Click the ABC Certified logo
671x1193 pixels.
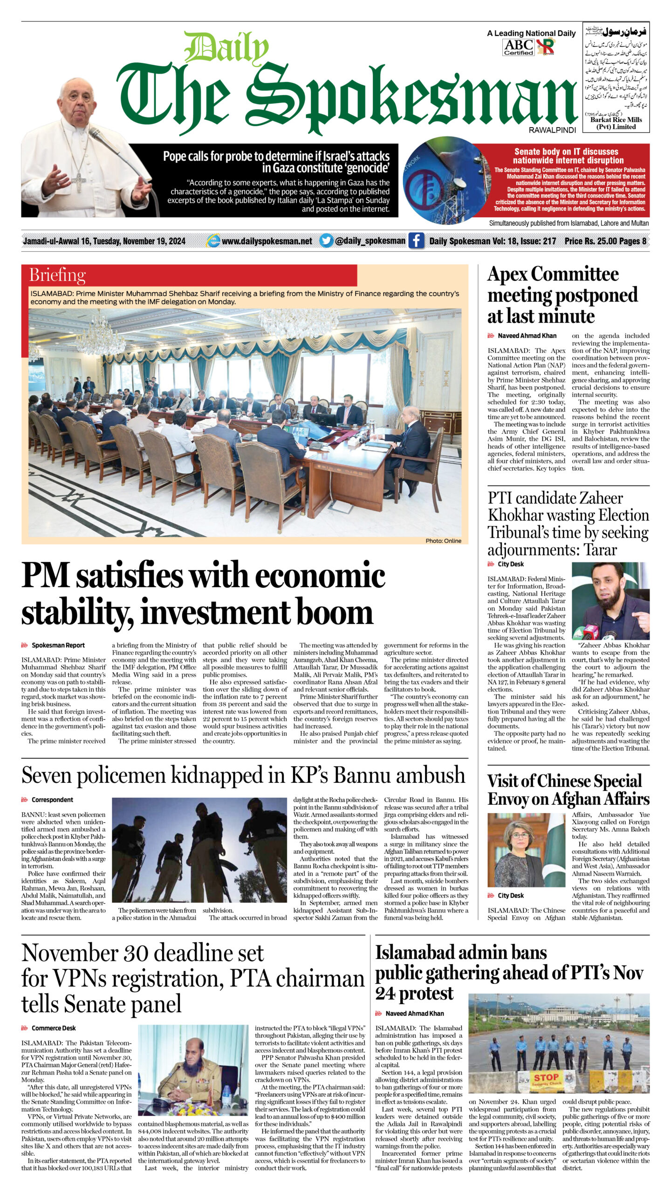pos(518,47)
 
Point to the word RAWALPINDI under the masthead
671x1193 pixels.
pos(552,130)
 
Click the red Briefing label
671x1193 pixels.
pos(58,275)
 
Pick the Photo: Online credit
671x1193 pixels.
pos(443,541)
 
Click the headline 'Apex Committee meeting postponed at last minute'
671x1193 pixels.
pos(561,295)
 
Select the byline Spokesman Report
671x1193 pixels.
pos(58,645)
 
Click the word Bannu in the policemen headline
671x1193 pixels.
pos(361,775)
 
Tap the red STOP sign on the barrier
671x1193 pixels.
pos(546,1077)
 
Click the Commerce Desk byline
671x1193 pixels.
pos(53,1028)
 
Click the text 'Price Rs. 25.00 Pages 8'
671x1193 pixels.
pos(605,241)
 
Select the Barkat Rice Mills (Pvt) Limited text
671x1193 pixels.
pos(616,123)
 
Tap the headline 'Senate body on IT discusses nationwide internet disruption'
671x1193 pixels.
pos(566,156)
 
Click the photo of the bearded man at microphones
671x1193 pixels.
pos(610,601)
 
